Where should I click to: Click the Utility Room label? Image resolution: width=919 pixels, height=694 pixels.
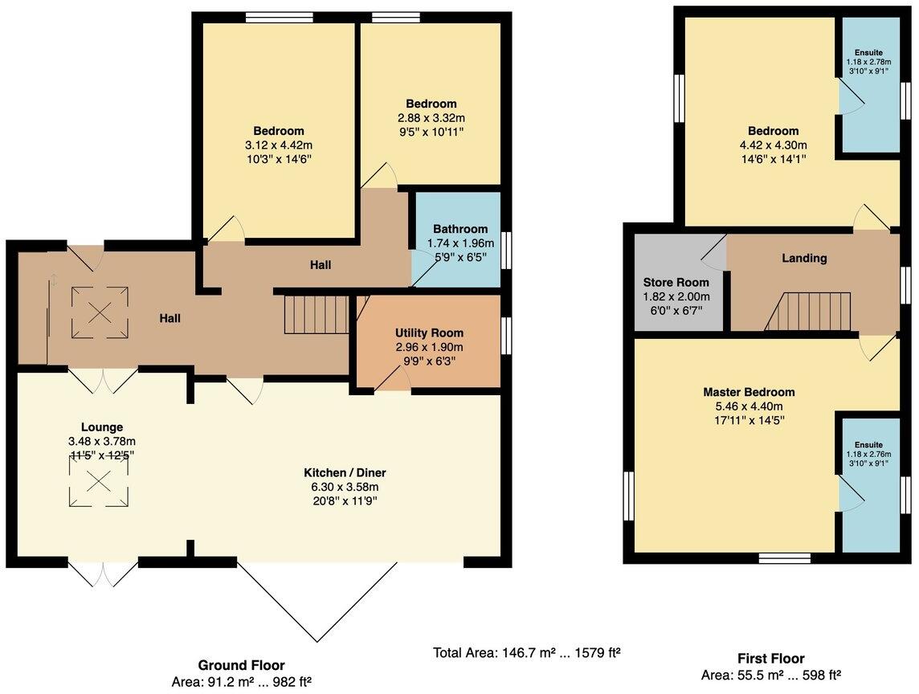pyautogui.click(x=429, y=333)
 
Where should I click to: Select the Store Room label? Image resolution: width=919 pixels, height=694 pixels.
pyautogui.click(x=676, y=282)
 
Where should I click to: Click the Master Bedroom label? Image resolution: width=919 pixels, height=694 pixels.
pyautogui.click(x=749, y=392)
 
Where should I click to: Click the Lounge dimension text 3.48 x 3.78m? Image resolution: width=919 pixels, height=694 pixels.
pyautogui.click(x=101, y=441)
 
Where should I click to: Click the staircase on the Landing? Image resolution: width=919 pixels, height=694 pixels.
pyautogui.click(x=811, y=312)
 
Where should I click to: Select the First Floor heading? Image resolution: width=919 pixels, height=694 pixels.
pyautogui.click(x=770, y=659)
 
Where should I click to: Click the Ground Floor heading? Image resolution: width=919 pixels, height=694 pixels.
pyautogui.click(x=241, y=665)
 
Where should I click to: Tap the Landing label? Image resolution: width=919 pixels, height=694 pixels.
pyautogui.click(x=804, y=258)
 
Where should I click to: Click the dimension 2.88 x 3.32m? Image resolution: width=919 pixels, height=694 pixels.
pyautogui.click(x=431, y=117)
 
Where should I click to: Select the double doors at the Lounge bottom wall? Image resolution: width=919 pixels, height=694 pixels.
pyautogui.click(x=103, y=574)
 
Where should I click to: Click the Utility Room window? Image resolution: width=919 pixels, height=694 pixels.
pyautogui.click(x=506, y=335)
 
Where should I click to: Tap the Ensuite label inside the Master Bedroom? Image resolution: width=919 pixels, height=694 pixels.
pyautogui.click(x=868, y=444)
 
